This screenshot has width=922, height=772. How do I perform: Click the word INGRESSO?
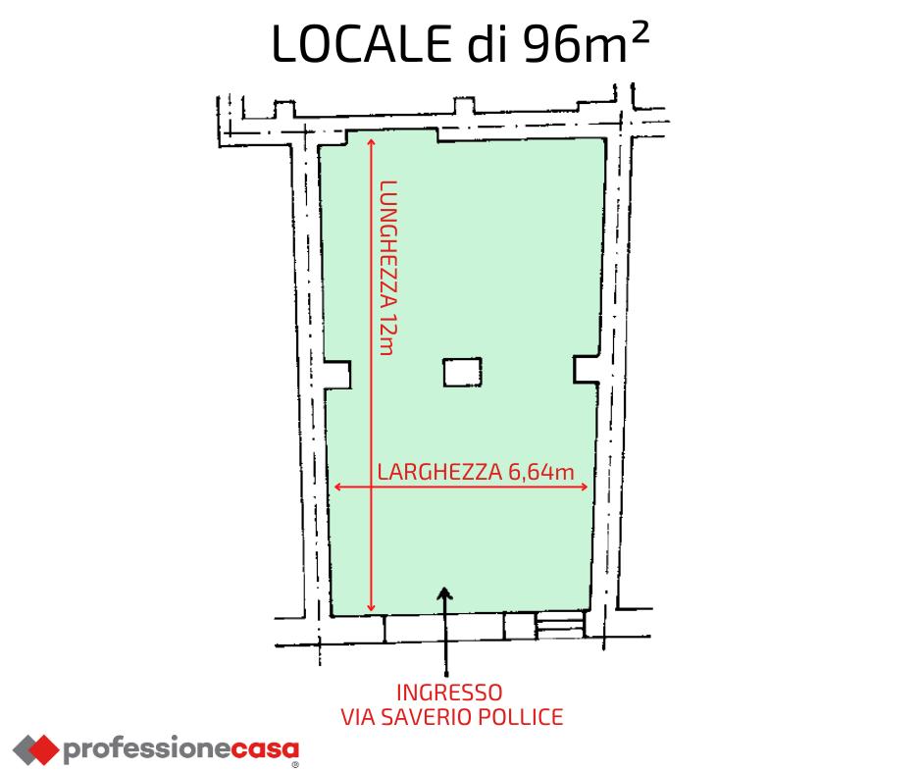click(451, 692)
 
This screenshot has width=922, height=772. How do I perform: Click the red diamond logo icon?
click(34, 749)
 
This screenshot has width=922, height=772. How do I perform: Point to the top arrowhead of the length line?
click(371, 144)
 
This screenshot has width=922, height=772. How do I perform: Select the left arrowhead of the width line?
click(339, 487)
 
